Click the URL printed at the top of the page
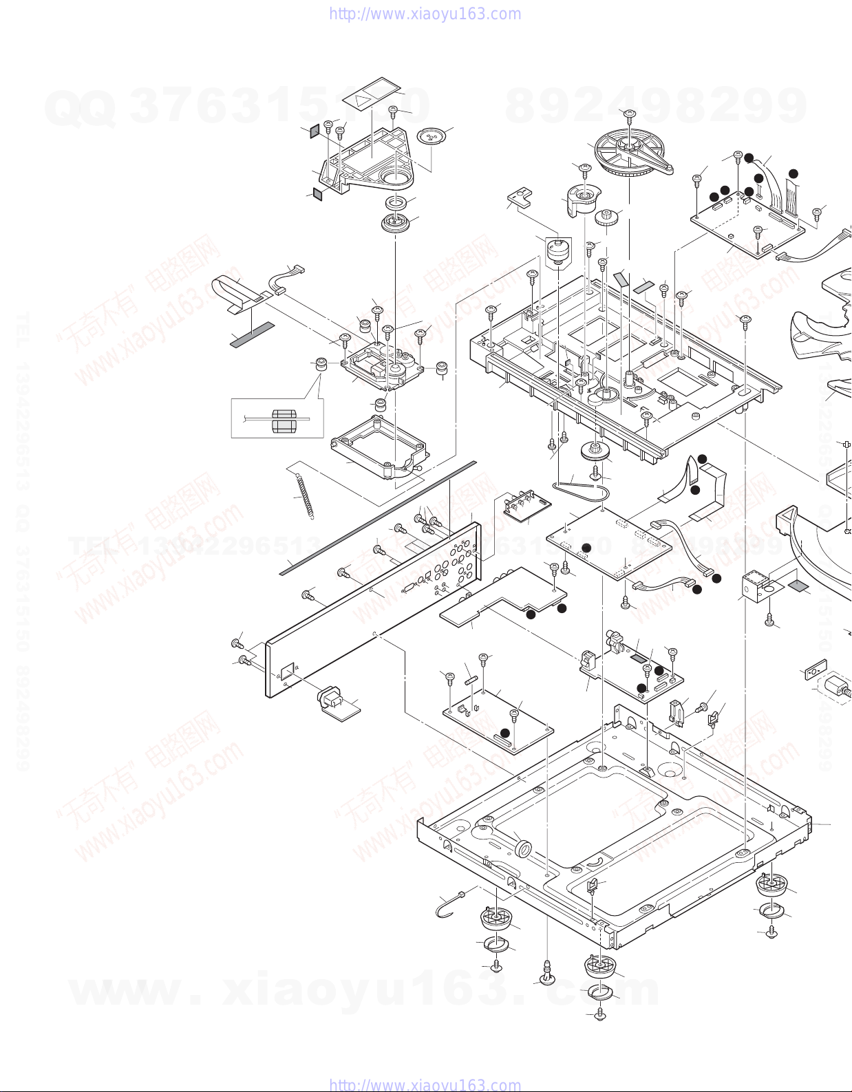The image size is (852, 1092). [x=425, y=14]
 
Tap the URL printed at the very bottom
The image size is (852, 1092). [x=425, y=1084]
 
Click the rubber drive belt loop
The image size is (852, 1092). [x=583, y=490]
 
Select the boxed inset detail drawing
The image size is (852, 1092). [x=277, y=418]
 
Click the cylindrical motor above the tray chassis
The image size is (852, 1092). [x=558, y=252]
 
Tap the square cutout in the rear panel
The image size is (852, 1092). [x=287, y=669]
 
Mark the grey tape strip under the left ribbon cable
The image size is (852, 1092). [x=253, y=334]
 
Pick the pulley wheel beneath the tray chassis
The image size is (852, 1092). [x=594, y=452]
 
